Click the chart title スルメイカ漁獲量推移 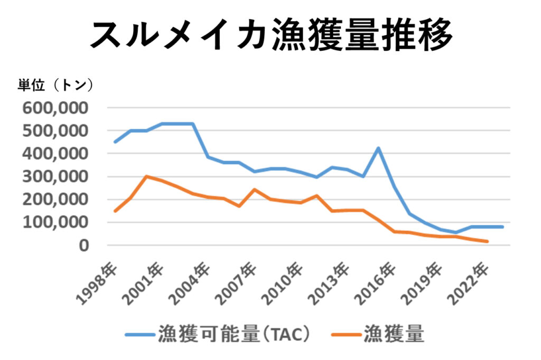click(270, 35)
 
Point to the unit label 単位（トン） click(56, 84)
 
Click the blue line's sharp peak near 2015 click(378, 148)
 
